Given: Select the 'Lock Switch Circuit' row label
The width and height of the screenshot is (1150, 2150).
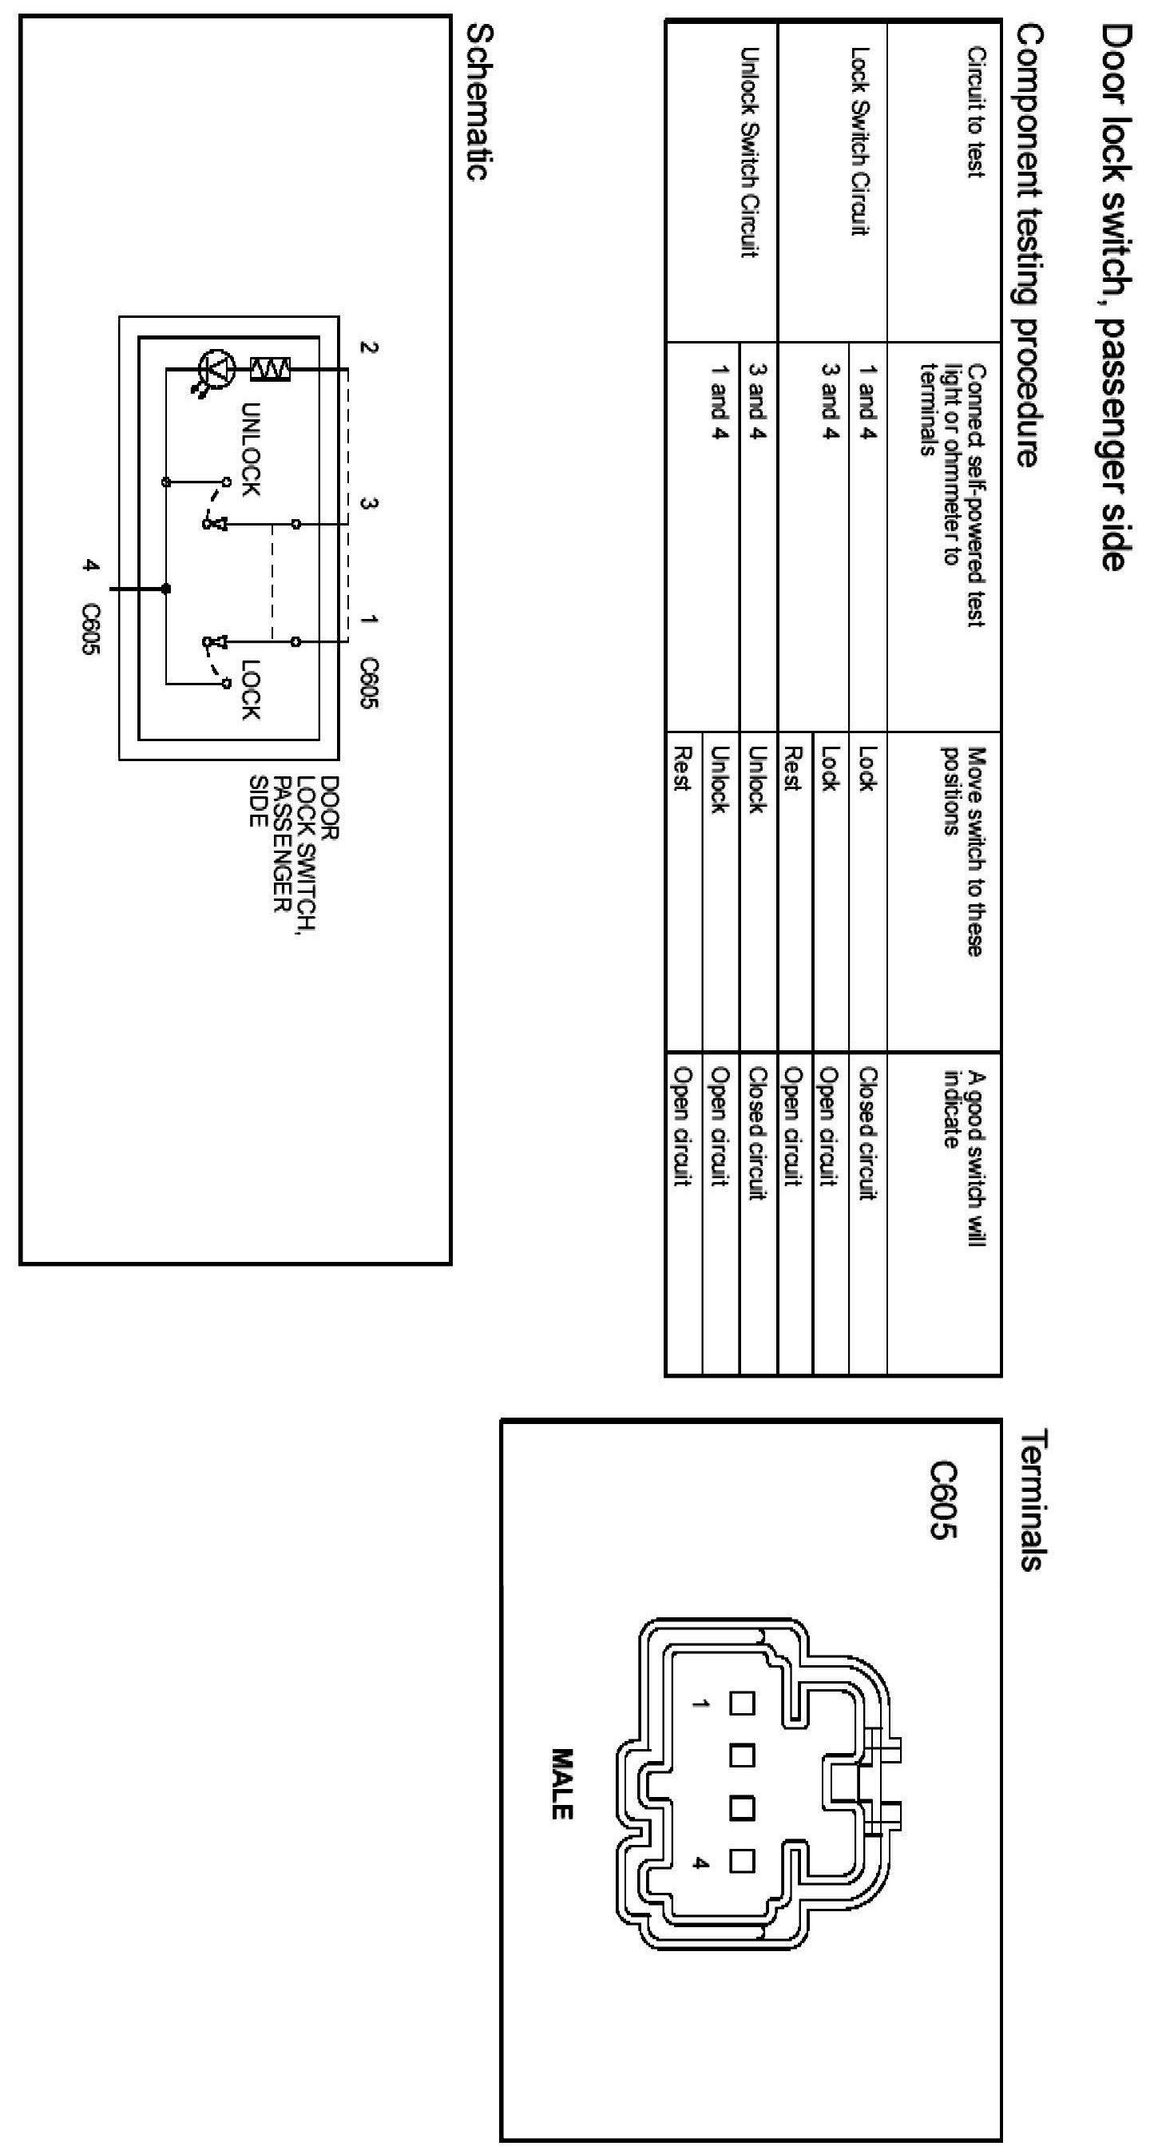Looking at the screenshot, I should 859,141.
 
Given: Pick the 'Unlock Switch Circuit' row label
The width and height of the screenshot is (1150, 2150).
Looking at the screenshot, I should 748,152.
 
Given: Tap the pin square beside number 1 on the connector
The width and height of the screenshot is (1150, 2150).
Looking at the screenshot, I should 742,1704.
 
